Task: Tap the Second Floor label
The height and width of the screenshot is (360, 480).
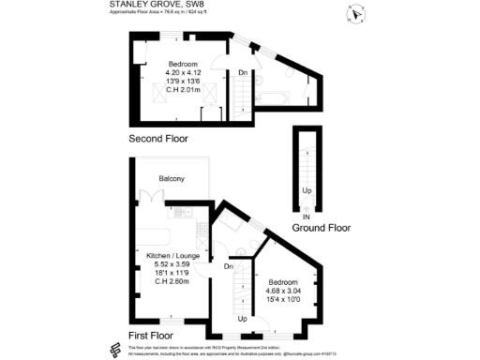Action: [x=158, y=139]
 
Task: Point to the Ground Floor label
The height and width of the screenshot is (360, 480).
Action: [x=322, y=228]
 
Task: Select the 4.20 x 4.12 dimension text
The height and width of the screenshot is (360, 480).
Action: [x=184, y=73]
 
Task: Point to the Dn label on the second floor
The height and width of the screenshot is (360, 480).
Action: [x=242, y=73]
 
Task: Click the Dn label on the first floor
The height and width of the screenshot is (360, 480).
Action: [x=228, y=266]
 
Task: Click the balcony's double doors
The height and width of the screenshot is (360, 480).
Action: [x=151, y=201]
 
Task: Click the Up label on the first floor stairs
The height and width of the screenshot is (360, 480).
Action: [x=242, y=320]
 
